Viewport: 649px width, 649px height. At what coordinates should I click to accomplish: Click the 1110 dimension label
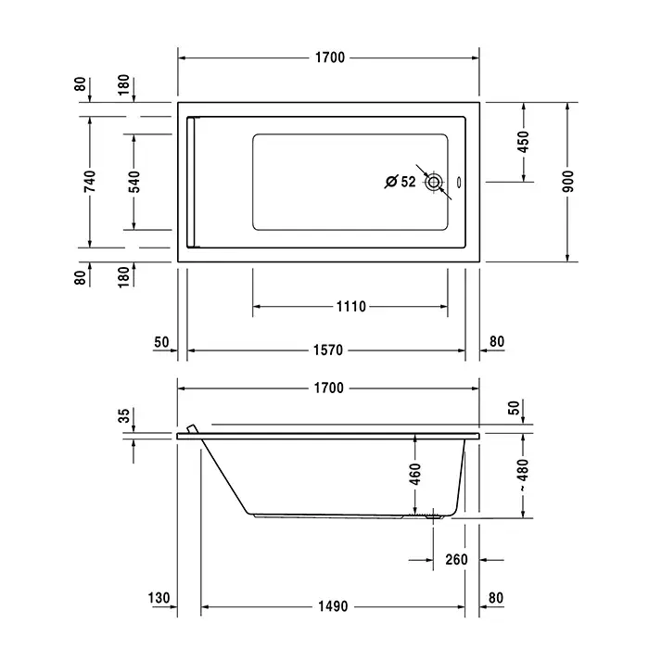[351, 307]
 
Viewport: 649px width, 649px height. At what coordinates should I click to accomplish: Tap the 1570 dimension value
[328, 350]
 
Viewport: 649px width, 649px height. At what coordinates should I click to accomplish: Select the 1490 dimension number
[333, 606]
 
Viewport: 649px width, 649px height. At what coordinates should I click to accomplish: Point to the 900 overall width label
[568, 182]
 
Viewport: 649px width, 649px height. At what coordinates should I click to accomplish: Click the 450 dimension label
[524, 142]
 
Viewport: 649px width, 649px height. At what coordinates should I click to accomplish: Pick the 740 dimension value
[90, 182]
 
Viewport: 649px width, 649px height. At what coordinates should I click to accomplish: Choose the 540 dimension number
[134, 182]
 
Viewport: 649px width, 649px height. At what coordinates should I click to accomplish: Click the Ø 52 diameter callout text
[401, 182]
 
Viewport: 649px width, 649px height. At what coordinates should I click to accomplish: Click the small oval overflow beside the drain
[459, 182]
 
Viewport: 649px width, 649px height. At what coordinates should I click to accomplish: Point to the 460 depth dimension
[415, 475]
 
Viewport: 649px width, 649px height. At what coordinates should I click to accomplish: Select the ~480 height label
[523, 475]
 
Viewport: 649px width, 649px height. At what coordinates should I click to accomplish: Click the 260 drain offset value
[456, 560]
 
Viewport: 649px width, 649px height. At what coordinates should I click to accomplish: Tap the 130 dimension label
[159, 598]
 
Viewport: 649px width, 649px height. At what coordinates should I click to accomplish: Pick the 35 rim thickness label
[124, 415]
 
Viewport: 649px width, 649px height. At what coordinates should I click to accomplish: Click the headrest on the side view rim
[193, 428]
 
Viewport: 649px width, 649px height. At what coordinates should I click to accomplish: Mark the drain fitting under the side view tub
[433, 515]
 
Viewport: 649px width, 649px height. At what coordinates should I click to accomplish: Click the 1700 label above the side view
[328, 388]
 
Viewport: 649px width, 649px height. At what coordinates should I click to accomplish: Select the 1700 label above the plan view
[330, 57]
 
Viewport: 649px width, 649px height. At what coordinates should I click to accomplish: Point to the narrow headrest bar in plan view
[191, 182]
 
